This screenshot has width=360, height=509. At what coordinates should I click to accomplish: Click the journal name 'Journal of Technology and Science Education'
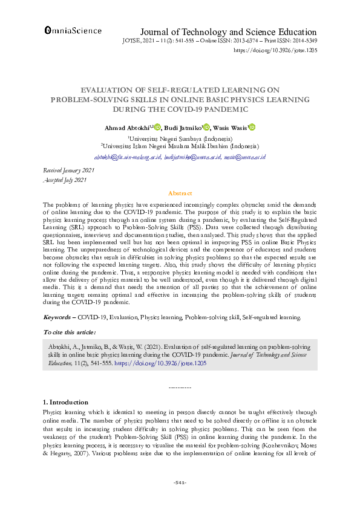pos(228,31)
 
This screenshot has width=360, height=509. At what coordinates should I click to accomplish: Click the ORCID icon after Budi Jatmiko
pos(206,128)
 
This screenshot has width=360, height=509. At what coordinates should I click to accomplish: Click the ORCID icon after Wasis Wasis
pos(252,128)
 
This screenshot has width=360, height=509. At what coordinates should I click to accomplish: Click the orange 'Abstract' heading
pos(180,193)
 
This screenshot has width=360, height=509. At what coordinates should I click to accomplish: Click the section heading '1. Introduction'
pos(67,402)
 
